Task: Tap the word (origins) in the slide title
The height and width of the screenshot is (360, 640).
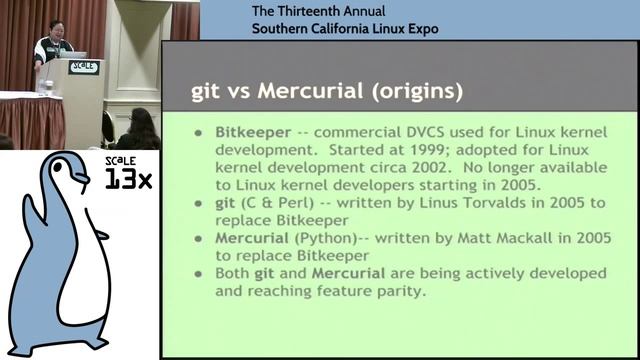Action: (412, 92)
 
